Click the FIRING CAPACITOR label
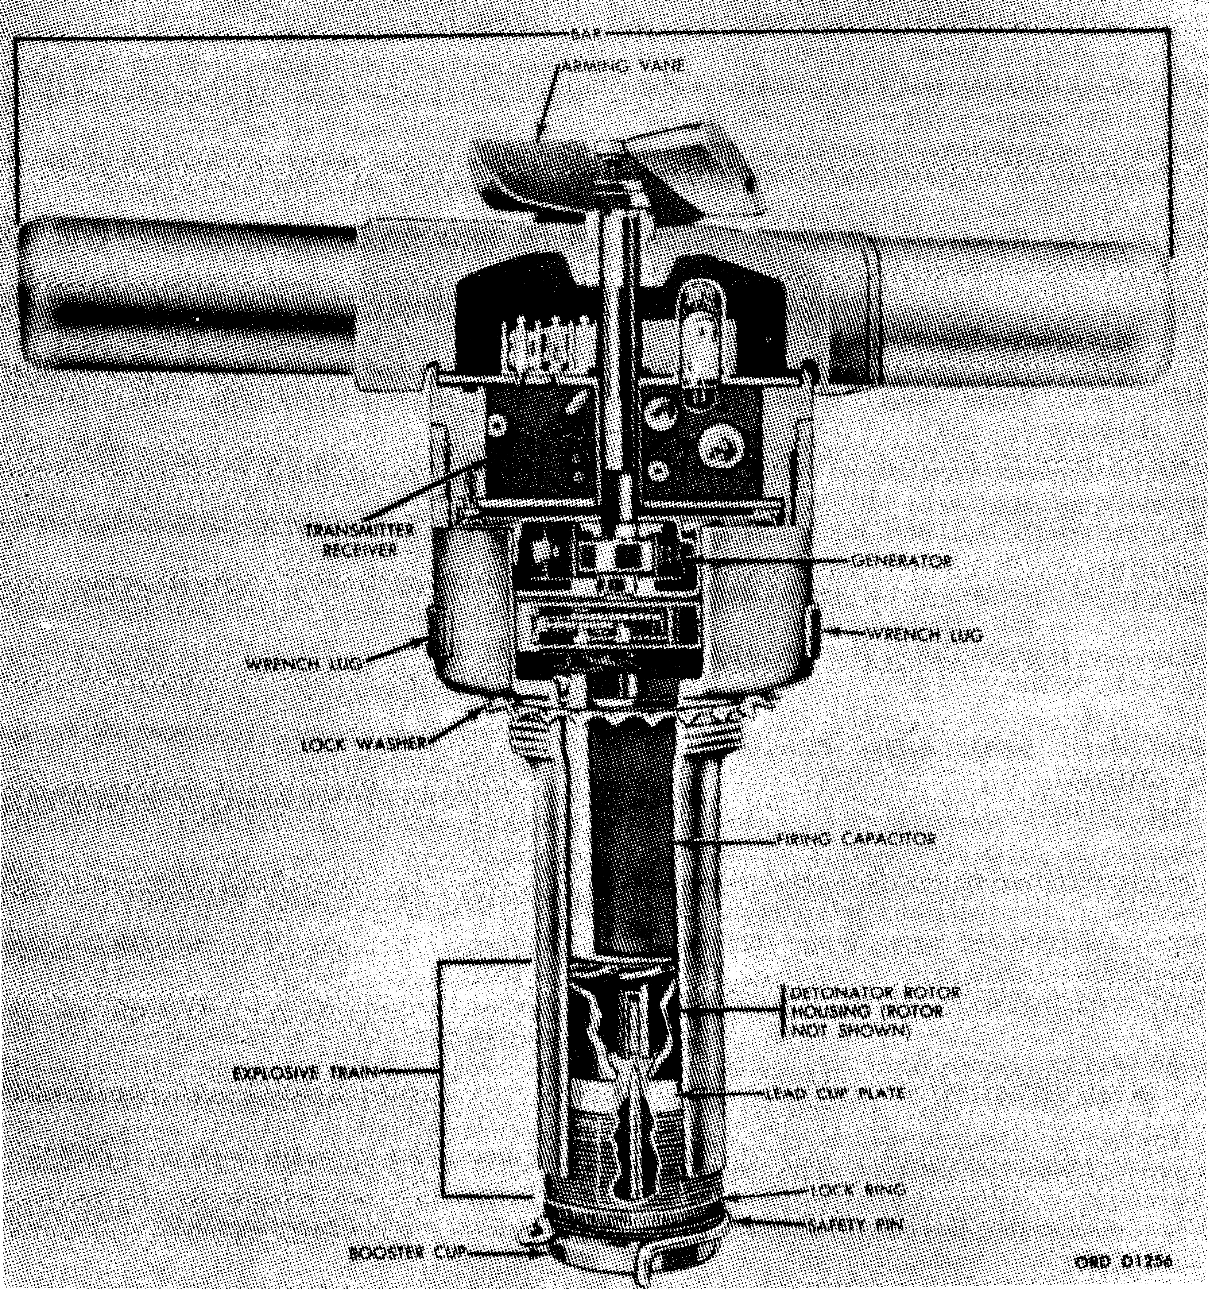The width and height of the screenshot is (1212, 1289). (856, 838)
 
